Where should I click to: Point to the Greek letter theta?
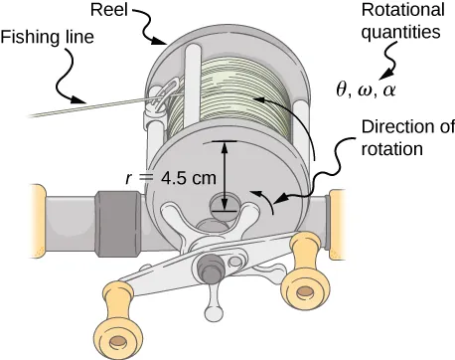343,88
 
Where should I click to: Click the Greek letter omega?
365,89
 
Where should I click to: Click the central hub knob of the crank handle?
210,266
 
